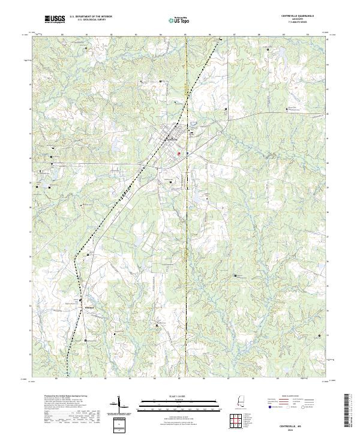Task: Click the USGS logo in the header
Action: [x=55, y=19]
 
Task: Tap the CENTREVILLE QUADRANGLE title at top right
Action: [x=305, y=17]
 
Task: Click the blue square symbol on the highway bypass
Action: [x=187, y=153]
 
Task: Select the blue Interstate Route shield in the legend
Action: [x=271, y=406]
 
